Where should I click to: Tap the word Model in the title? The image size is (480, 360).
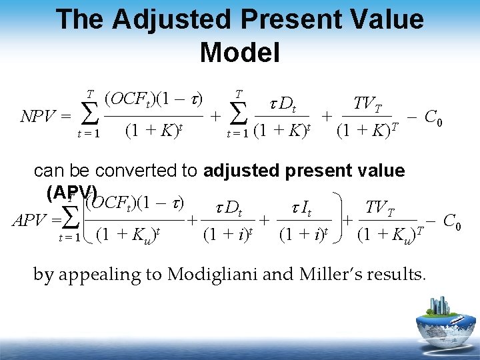[x=239, y=51]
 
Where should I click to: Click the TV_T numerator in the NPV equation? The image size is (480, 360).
[x=367, y=104]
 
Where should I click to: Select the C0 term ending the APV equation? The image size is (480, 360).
[x=451, y=221]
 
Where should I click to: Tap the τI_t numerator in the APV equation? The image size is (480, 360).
[x=303, y=209]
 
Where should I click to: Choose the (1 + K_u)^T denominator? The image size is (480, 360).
[x=391, y=235]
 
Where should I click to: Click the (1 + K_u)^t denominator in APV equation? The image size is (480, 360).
[x=130, y=235]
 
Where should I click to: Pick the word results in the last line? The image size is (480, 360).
[x=397, y=274]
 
